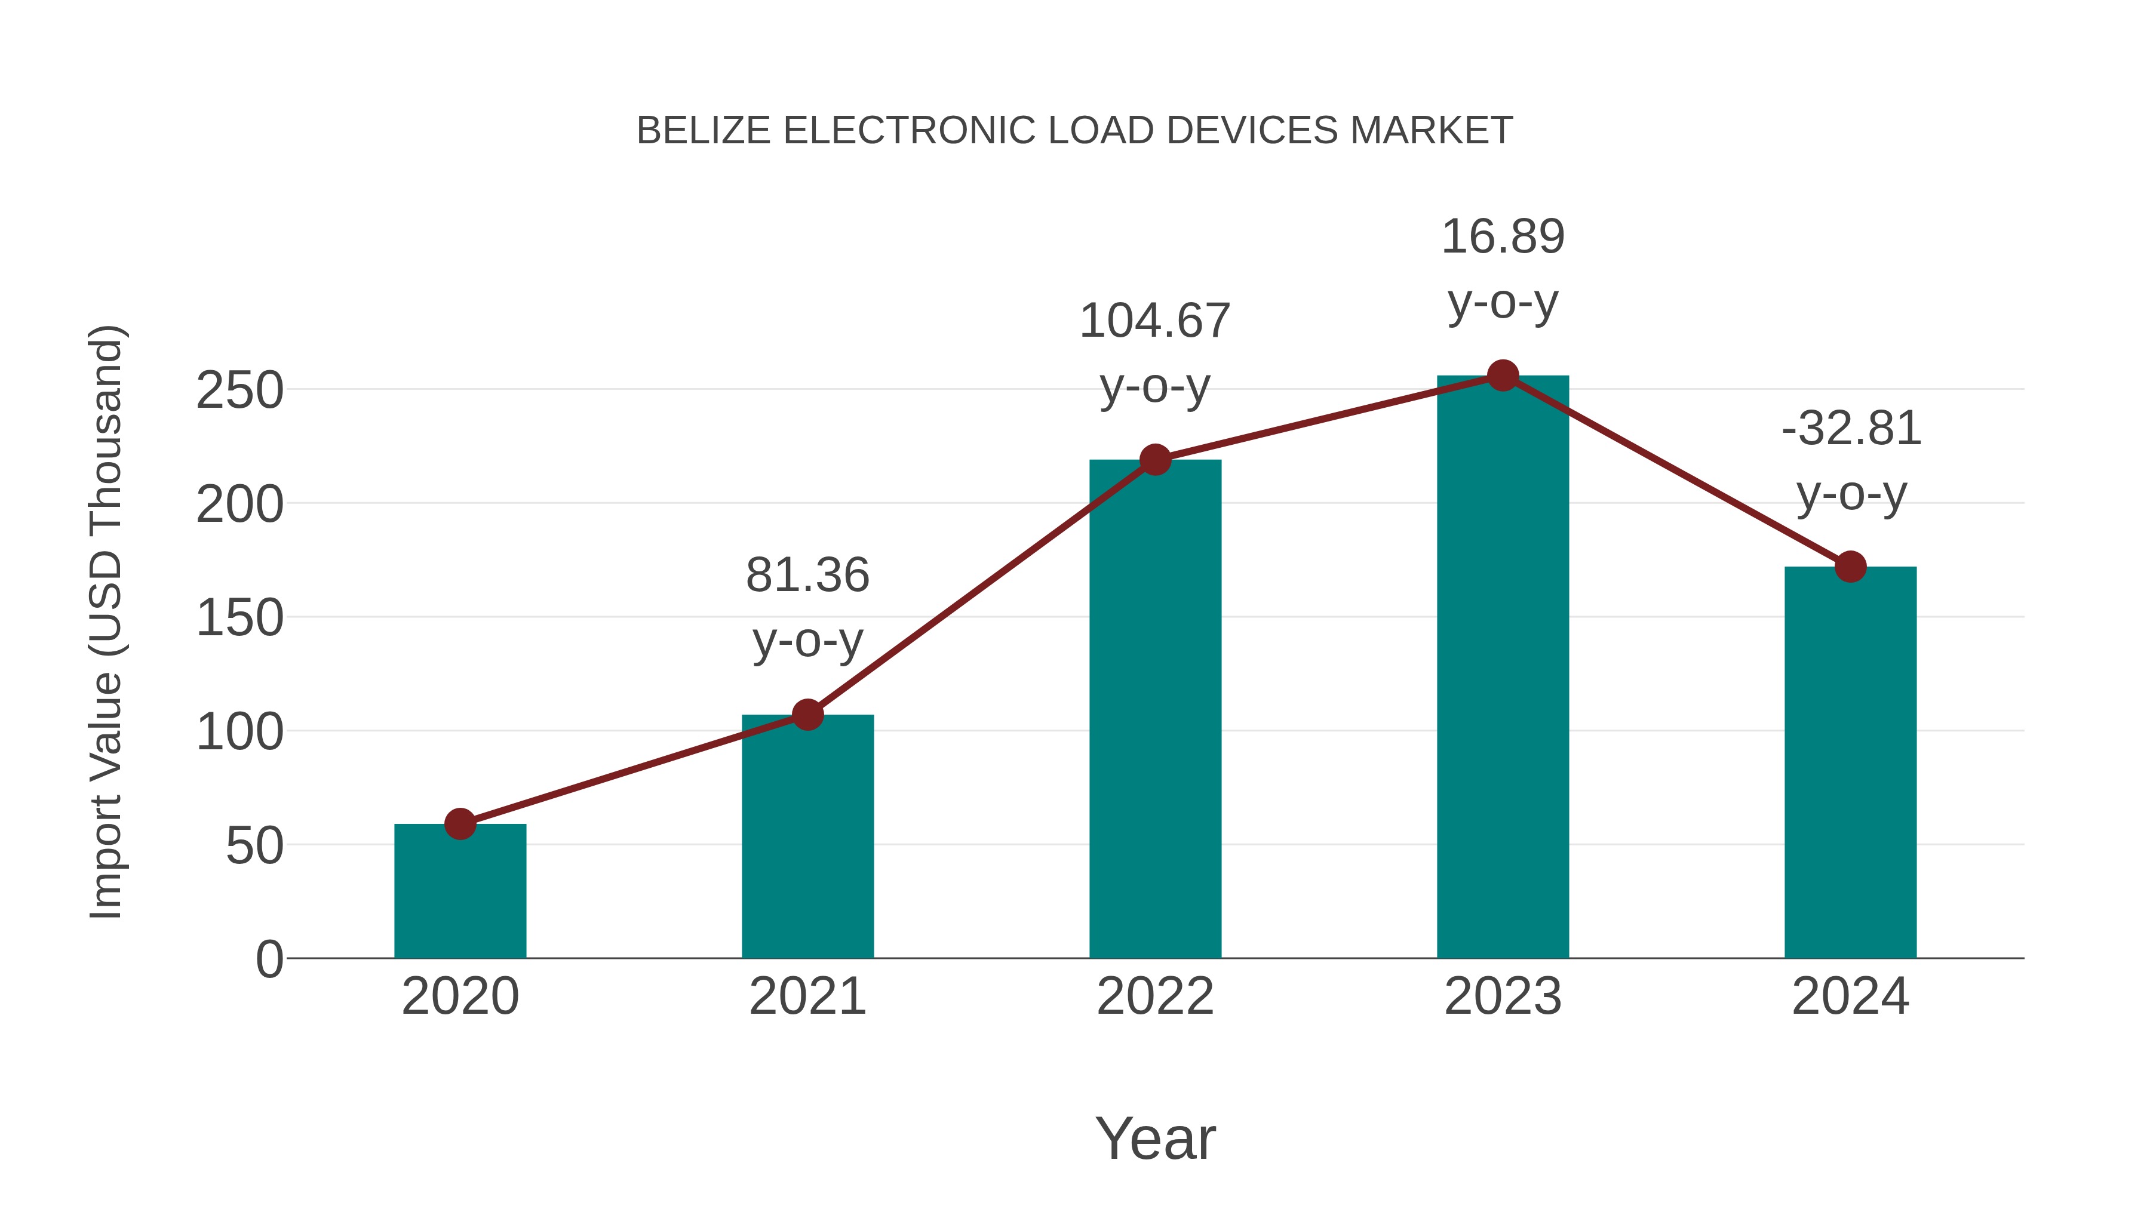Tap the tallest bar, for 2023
click(1503, 667)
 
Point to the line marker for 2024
click(1850, 567)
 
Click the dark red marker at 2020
click(460, 823)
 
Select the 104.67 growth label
click(1154, 321)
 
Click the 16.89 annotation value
click(1503, 237)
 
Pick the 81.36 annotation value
click(807, 576)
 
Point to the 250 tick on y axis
click(239, 390)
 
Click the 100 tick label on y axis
click(239, 733)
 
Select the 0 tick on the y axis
click(269, 959)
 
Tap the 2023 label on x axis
click(1503, 996)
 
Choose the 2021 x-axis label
click(807, 996)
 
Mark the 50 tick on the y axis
click(254, 846)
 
